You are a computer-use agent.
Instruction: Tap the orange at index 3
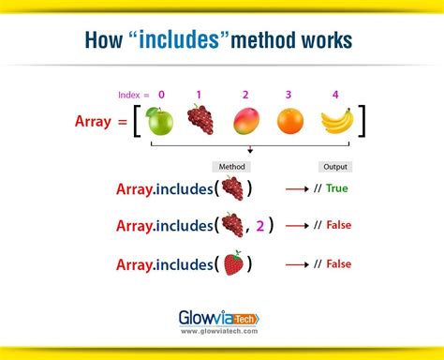point(289,121)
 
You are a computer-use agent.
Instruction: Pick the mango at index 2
point(244,120)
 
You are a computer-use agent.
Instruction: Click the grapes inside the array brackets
point(200,119)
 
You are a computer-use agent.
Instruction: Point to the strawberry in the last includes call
point(232,263)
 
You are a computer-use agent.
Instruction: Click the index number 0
point(161,95)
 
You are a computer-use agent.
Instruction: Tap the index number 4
point(335,95)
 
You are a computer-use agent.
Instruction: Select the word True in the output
point(338,188)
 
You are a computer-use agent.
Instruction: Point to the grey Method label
point(231,166)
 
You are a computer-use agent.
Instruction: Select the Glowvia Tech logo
point(222,319)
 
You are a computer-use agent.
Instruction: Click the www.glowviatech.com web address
point(222,333)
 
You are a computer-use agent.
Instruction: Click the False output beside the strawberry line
point(338,264)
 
